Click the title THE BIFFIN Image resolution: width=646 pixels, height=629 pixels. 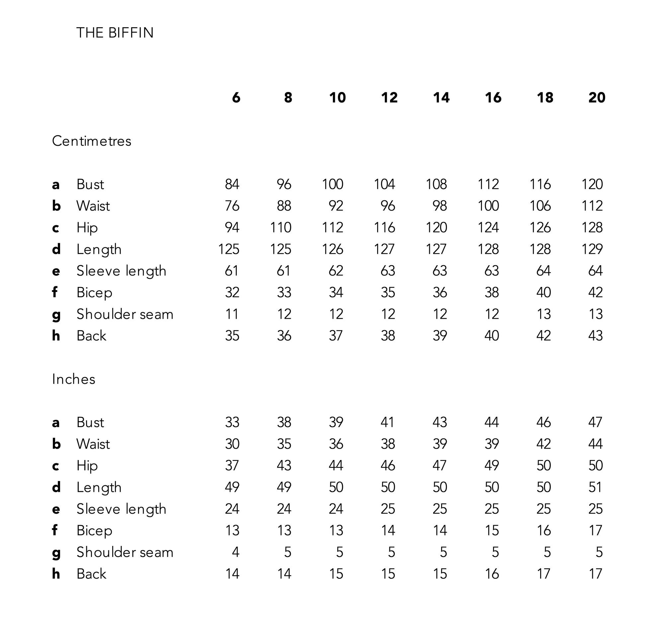pyautogui.click(x=115, y=33)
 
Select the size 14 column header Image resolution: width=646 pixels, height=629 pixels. pyautogui.click(x=441, y=98)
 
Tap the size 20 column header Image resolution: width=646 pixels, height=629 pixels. pyautogui.click(x=597, y=98)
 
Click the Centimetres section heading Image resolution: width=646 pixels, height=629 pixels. pyautogui.click(x=92, y=141)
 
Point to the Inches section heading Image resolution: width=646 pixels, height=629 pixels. pyautogui.click(x=74, y=379)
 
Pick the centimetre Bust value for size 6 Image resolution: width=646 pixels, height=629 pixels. pyautogui.click(x=232, y=184)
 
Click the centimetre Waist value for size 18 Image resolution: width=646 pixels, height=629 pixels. pyautogui.click(x=540, y=206)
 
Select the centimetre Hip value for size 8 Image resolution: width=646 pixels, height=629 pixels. pyautogui.click(x=281, y=228)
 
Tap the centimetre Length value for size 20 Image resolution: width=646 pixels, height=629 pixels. pyautogui.click(x=592, y=249)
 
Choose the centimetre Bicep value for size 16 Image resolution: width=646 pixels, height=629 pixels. pyautogui.click(x=492, y=293)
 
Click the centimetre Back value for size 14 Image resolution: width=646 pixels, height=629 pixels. pyautogui.click(x=440, y=336)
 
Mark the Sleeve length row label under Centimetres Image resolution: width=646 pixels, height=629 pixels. pyautogui.click(x=121, y=271)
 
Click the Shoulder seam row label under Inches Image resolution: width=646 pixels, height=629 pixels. pyautogui.click(x=125, y=552)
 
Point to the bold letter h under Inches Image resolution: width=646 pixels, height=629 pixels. pyautogui.click(x=56, y=574)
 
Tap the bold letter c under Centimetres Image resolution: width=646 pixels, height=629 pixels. pyautogui.click(x=56, y=228)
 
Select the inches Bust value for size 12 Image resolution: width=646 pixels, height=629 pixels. pyautogui.click(x=388, y=422)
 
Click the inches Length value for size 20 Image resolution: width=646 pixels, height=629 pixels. pyautogui.click(x=595, y=487)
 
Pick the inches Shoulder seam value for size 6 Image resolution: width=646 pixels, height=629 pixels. pyautogui.click(x=235, y=552)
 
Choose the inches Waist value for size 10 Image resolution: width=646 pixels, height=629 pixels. pyautogui.click(x=336, y=444)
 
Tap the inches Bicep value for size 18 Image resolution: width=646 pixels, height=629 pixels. pyautogui.click(x=544, y=531)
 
